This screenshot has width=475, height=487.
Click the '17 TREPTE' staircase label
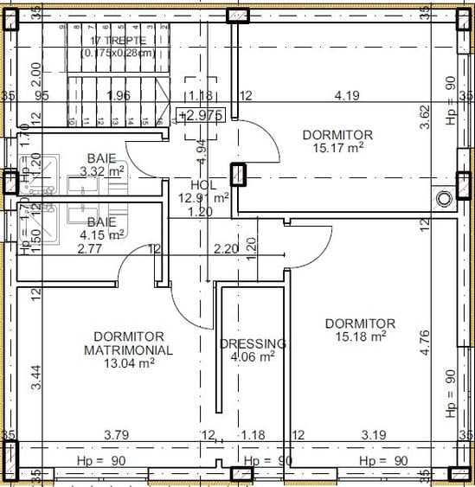click(x=119, y=41)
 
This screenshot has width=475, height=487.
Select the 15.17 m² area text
click(x=338, y=148)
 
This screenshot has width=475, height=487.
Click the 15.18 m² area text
click(x=361, y=337)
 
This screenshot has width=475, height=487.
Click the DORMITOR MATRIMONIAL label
click(x=128, y=343)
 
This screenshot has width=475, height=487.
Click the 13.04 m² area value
click(x=129, y=363)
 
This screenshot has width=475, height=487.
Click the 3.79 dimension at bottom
click(x=117, y=434)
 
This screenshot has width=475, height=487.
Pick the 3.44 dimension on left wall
click(x=35, y=377)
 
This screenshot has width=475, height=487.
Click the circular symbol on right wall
click(x=445, y=198)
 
